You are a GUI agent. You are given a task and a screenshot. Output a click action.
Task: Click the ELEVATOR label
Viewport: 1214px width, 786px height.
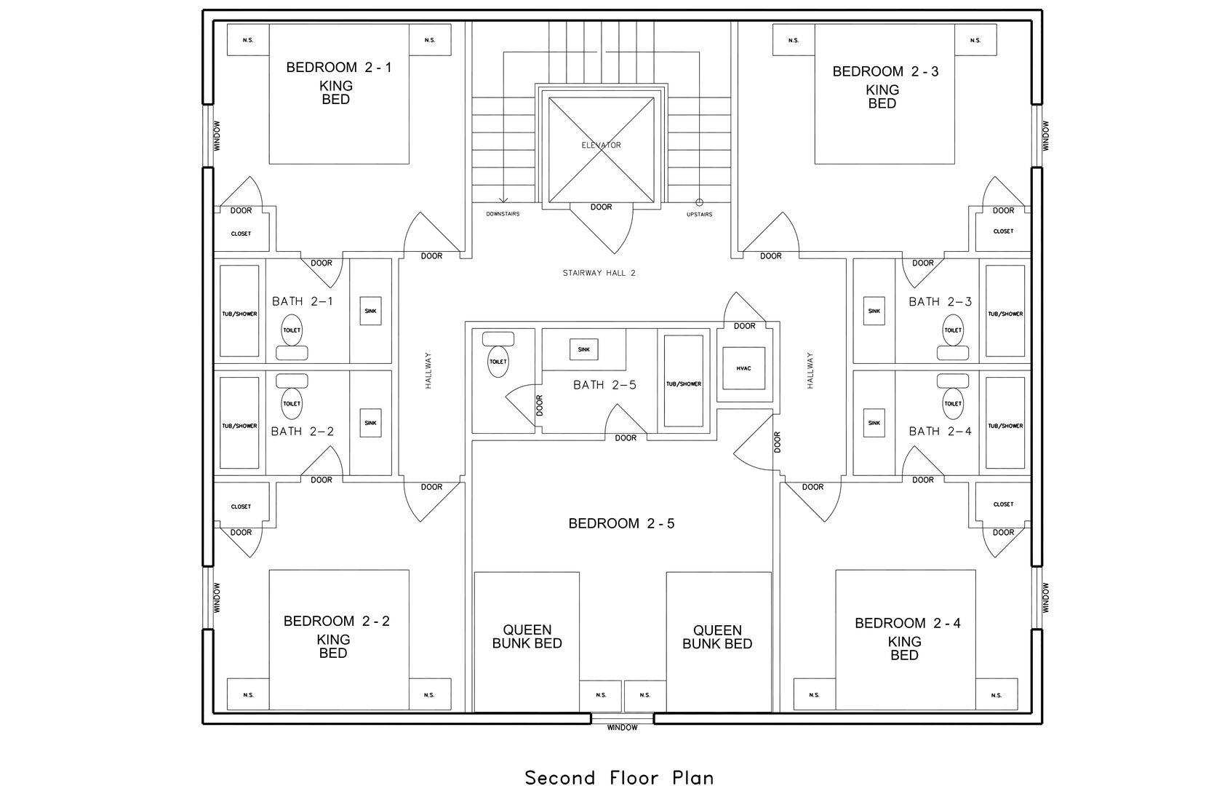coord(601,145)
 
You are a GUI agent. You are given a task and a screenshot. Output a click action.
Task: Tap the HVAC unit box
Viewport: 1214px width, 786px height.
coord(743,368)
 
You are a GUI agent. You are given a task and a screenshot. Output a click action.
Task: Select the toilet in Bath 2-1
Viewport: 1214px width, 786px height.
coord(292,337)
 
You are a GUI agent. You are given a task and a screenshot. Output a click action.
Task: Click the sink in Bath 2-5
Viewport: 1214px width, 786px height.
coord(583,349)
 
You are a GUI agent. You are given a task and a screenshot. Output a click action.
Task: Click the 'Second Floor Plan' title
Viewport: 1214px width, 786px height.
coord(620,778)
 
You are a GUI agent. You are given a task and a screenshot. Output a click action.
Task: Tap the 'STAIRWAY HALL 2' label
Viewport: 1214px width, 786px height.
coord(599,273)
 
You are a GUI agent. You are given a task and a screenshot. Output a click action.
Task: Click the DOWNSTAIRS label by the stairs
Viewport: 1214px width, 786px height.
coord(503,214)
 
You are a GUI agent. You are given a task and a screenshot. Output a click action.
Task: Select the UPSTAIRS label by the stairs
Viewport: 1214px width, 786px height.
coord(699,214)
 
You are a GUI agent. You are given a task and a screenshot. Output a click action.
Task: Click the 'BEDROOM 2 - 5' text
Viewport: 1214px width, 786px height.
coord(621,523)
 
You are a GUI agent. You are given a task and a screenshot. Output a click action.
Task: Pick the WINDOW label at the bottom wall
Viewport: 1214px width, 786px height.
coord(622,728)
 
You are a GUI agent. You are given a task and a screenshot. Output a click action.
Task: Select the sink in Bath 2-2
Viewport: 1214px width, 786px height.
coord(370,423)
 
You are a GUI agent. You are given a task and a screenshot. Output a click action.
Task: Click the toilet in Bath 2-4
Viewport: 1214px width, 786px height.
coord(953,397)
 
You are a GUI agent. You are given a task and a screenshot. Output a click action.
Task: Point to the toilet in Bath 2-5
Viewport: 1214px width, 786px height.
coord(498,354)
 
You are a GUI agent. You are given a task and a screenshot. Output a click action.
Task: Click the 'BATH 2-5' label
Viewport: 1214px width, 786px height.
coord(605,385)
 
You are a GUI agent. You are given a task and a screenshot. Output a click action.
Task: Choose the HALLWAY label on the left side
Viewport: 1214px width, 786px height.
coord(428,370)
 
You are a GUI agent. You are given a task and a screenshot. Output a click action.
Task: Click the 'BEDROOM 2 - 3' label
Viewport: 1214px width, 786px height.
coord(885,71)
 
